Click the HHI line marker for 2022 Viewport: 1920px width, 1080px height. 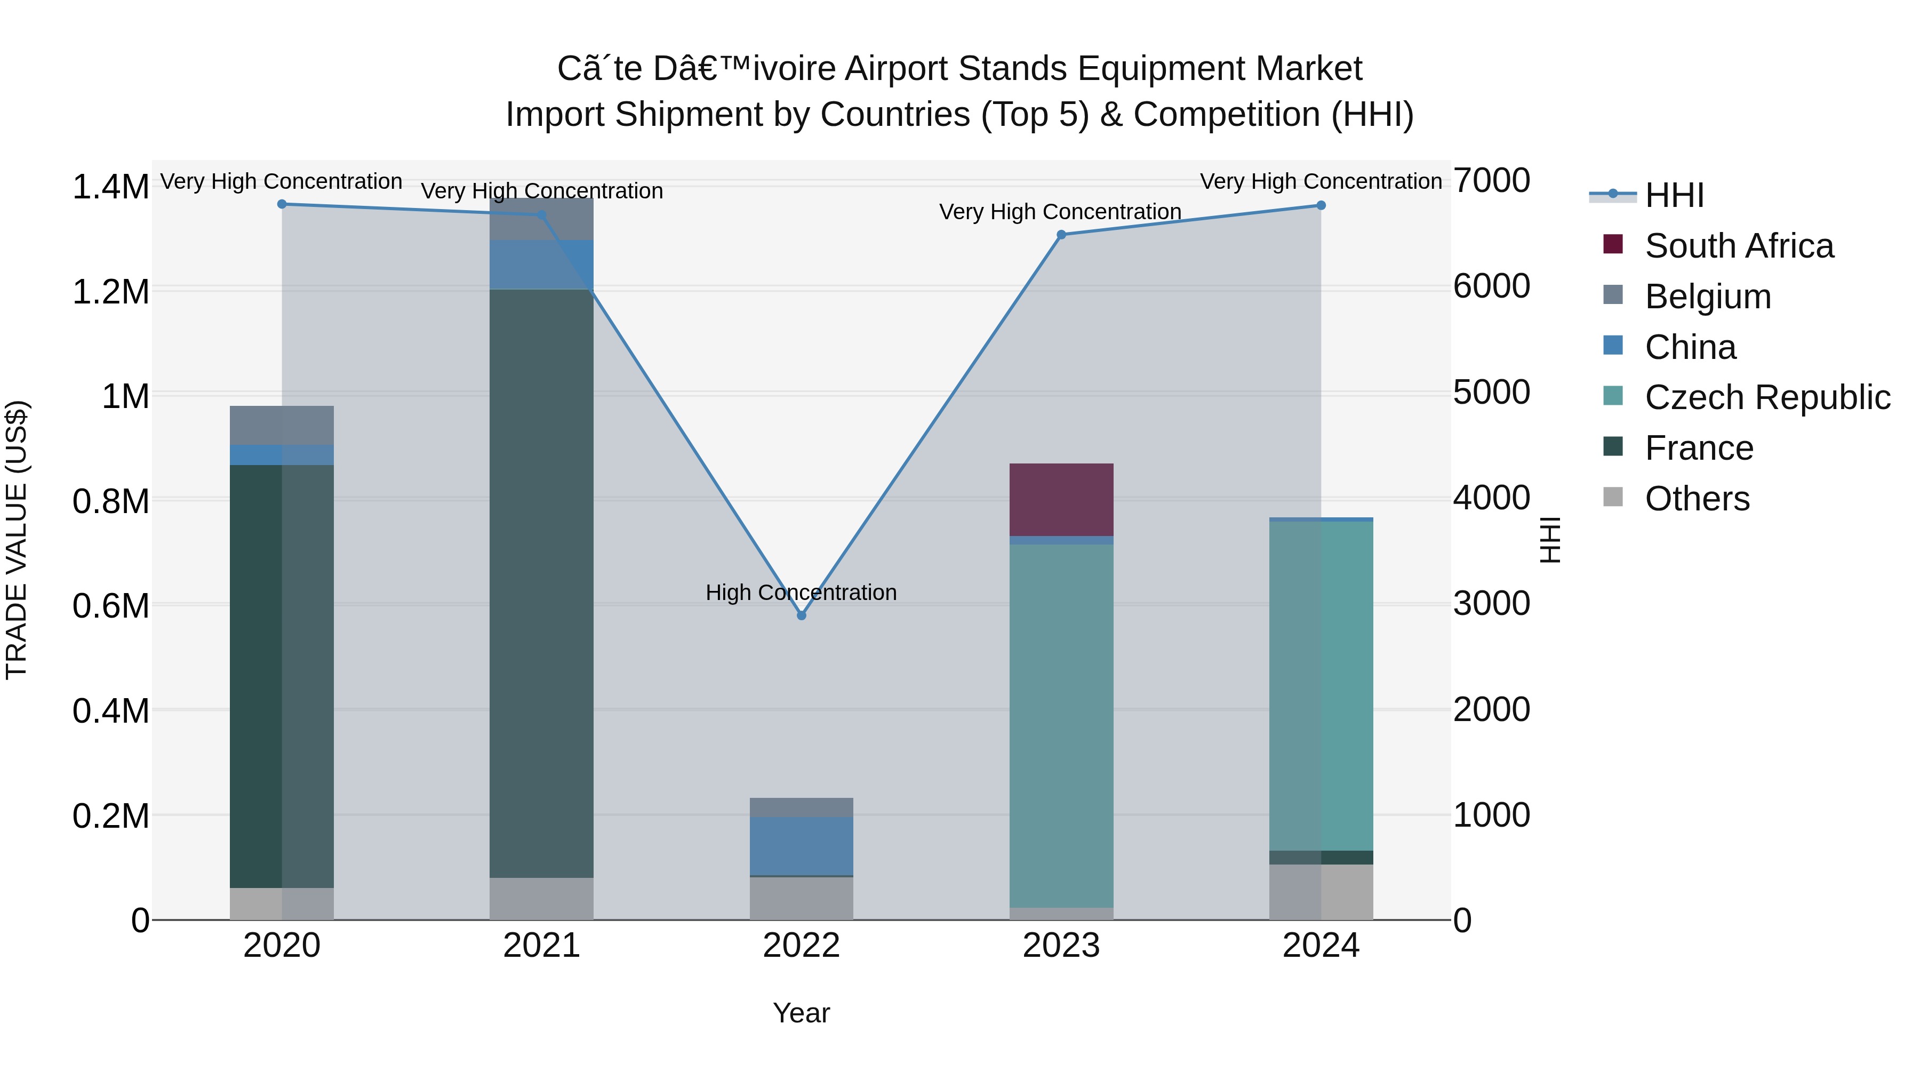click(x=801, y=615)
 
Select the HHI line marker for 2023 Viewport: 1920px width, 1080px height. click(x=1061, y=235)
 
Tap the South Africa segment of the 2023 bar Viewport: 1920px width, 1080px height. click(x=1061, y=499)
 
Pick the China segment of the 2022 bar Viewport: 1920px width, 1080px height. click(x=801, y=846)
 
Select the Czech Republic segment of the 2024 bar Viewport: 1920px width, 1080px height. click(x=1321, y=686)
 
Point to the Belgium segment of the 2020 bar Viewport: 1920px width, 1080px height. click(x=282, y=426)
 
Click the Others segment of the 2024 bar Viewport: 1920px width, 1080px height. click(x=1321, y=892)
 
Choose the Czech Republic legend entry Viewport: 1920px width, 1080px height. click(x=1766, y=397)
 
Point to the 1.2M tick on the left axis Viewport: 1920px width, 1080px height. click(x=110, y=291)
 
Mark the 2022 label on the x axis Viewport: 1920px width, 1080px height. click(x=801, y=946)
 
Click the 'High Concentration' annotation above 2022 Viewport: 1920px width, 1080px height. click(x=801, y=593)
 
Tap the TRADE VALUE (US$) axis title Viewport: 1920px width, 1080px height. click(x=17, y=540)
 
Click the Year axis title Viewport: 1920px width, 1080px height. click(x=801, y=1013)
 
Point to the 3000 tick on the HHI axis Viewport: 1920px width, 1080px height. click(x=1491, y=604)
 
